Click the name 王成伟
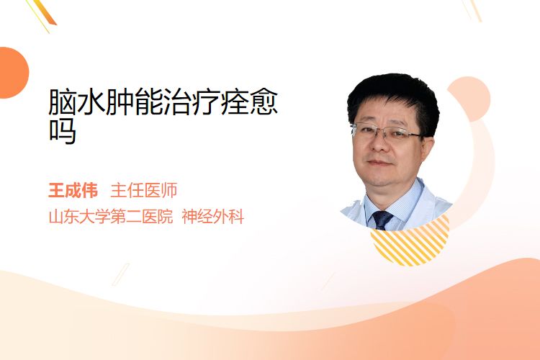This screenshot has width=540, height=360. tap(73, 191)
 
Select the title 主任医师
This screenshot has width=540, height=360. tap(143, 191)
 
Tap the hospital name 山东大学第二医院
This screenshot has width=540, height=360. tap(111, 217)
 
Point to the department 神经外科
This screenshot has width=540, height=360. tap(213, 217)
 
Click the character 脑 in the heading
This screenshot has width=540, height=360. tap(63, 102)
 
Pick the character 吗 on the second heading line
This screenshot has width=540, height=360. tap(63, 130)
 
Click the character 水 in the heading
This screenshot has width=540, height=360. tap(91, 102)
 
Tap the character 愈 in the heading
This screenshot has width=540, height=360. tap(264, 102)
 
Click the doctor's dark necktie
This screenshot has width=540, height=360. tap(382, 220)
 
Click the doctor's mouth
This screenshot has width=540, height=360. tap(379, 162)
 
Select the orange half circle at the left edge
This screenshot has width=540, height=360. tap(13, 73)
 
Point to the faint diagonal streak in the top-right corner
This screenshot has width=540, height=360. tap(472, 10)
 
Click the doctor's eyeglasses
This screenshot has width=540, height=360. tap(387, 132)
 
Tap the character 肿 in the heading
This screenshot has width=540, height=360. tap(120, 102)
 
